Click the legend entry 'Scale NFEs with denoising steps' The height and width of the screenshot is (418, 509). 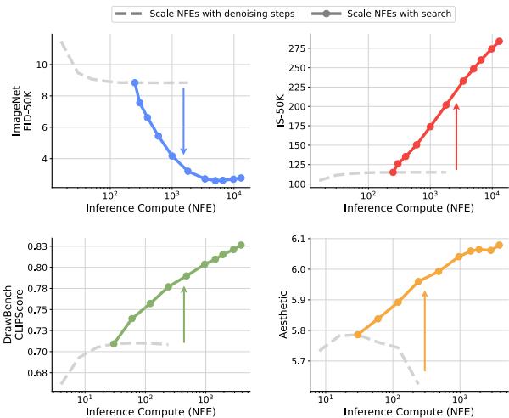(x=204, y=14)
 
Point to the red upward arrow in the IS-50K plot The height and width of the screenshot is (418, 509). (x=456, y=136)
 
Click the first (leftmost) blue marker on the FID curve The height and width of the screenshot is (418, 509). (x=135, y=82)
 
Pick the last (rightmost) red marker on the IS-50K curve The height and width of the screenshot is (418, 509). (x=499, y=41)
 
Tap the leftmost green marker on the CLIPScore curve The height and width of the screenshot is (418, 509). (x=114, y=344)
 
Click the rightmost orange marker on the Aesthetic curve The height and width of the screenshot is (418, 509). (x=499, y=245)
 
